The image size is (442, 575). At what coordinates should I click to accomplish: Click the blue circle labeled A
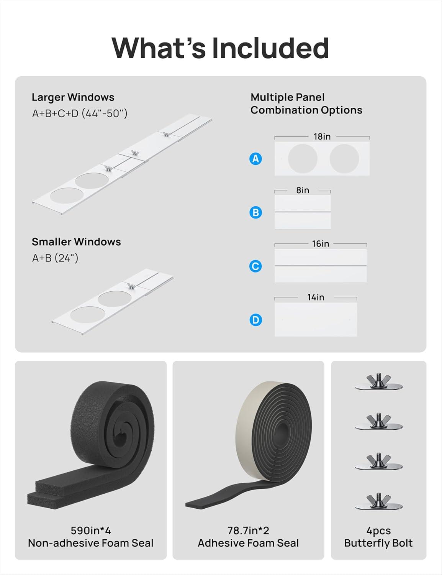tap(255, 159)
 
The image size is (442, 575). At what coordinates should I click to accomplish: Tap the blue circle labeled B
tap(255, 212)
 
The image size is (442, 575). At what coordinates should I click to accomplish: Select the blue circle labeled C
tap(255, 266)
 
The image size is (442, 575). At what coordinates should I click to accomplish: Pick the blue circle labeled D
tap(255, 320)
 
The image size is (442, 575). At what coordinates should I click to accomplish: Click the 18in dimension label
tap(322, 136)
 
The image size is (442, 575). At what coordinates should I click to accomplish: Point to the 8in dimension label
tap(303, 190)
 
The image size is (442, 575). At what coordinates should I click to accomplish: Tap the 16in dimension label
tap(321, 244)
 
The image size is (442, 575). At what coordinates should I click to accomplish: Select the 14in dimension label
tap(316, 297)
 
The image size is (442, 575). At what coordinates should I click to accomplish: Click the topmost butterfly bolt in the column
tap(378, 382)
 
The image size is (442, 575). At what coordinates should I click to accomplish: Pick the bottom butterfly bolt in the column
tap(378, 501)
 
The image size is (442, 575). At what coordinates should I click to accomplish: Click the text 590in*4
tap(91, 531)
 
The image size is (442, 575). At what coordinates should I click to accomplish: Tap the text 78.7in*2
tap(248, 531)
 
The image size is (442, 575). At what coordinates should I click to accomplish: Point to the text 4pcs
tap(378, 531)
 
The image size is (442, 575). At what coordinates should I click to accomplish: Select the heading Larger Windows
tap(73, 97)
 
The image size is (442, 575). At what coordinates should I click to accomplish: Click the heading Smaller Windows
tap(76, 242)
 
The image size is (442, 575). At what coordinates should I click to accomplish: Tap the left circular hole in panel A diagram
tap(303, 159)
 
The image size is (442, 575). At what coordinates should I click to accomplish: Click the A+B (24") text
tap(55, 258)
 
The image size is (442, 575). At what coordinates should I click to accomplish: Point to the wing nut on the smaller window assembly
tap(130, 286)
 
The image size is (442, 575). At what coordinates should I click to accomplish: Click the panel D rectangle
tap(316, 320)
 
